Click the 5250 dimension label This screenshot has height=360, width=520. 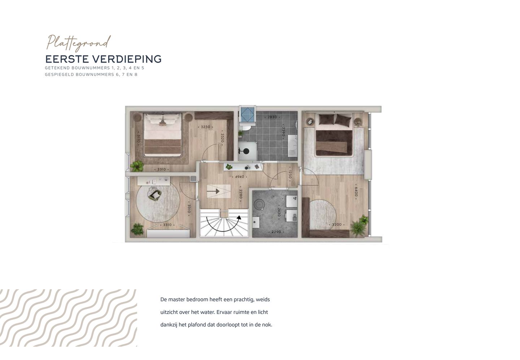(205, 127)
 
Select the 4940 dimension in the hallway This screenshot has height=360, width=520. (240, 177)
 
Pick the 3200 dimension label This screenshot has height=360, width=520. (336, 224)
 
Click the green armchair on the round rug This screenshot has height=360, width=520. (155, 195)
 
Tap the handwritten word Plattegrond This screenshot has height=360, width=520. (78, 43)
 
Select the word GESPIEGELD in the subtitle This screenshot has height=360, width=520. (59, 74)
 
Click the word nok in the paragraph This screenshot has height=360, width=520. (267, 325)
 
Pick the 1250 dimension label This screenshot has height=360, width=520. (290, 174)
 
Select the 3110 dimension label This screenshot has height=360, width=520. (138, 139)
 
